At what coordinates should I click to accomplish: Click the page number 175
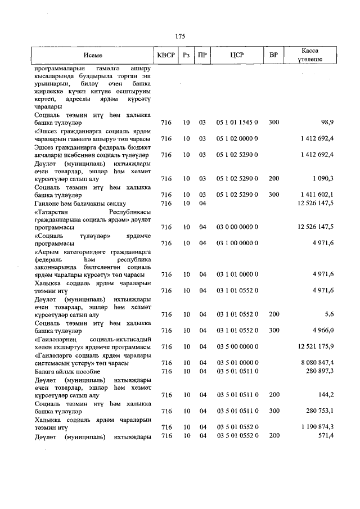pos(180,36)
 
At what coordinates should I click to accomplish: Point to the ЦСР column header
pos(237,56)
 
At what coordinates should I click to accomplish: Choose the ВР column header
pos(273,56)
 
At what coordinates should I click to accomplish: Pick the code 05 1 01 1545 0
pos(237,122)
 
